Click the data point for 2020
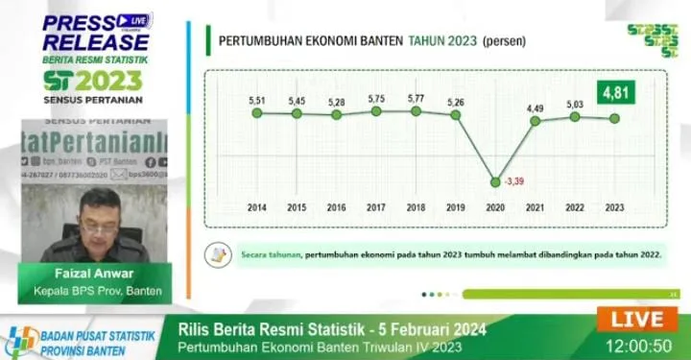[x=495, y=181]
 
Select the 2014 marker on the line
[x=256, y=113]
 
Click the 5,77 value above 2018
[x=416, y=98]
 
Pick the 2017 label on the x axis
[x=376, y=206]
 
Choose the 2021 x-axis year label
[x=535, y=206]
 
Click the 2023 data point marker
[x=614, y=119]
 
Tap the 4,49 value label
[x=536, y=107]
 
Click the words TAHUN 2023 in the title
[x=442, y=41]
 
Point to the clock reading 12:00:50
[x=638, y=343]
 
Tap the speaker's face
[x=99, y=213]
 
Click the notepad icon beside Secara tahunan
[x=220, y=253]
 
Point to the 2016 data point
[x=336, y=115]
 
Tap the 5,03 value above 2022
[x=574, y=104]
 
